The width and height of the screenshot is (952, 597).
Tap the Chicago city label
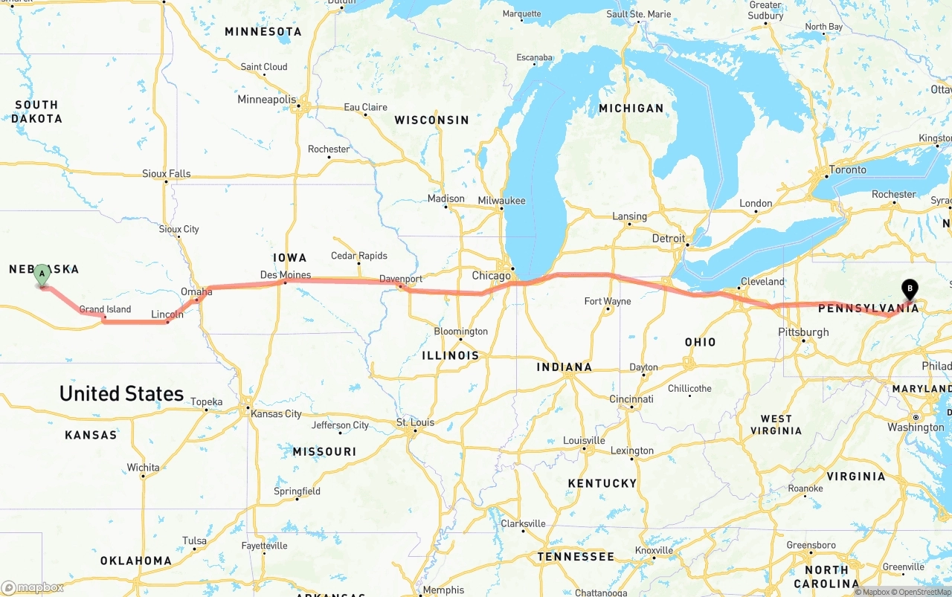[492, 276]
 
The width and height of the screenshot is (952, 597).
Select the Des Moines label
[286, 275]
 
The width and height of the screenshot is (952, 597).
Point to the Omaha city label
[196, 292]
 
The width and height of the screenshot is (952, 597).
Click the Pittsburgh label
[803, 332]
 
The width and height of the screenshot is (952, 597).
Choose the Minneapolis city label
[266, 100]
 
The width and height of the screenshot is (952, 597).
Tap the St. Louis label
[415, 422]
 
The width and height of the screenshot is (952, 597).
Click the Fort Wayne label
[608, 301]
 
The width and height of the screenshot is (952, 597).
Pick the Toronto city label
[848, 170]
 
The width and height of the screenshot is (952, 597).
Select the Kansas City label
[276, 413]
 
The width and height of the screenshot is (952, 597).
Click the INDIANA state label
[565, 367]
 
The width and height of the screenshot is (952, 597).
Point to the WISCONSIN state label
[432, 120]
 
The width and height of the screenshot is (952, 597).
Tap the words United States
[121, 393]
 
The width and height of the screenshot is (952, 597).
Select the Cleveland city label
[762, 282]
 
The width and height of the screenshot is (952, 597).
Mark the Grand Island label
[105, 309]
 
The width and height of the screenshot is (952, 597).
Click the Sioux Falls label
[167, 173]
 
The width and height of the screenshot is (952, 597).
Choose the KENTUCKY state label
[602, 483]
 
